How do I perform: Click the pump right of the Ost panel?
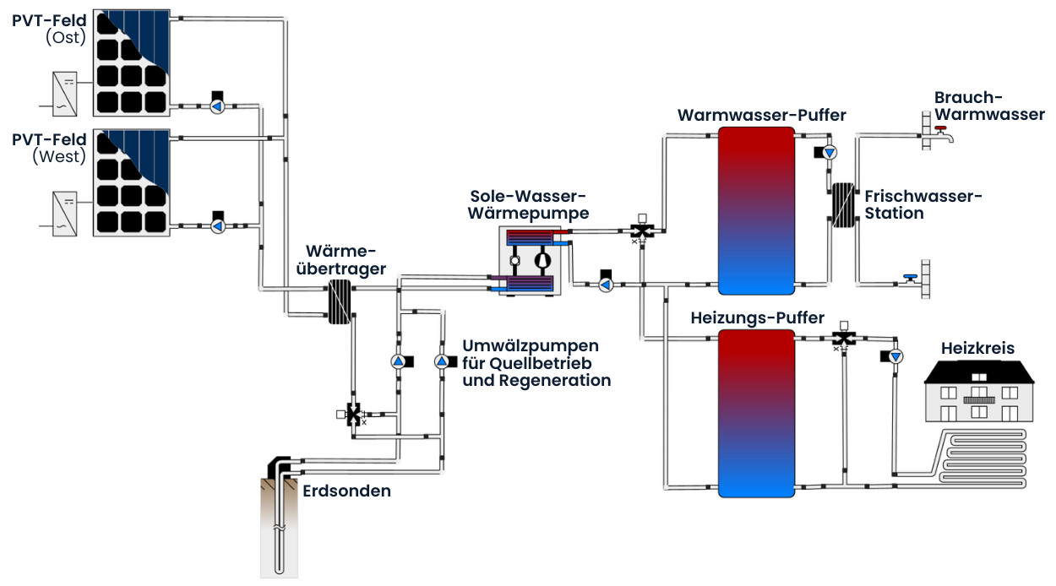coord(217,106)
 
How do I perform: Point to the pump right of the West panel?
coord(217,226)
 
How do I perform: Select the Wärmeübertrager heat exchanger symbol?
coord(339,301)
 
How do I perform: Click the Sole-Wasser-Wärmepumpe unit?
coord(529,261)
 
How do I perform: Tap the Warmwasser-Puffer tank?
coord(756,210)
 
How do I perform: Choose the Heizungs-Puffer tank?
coord(756,413)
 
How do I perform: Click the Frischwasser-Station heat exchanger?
coord(842,204)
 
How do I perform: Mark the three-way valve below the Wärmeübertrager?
coord(354,414)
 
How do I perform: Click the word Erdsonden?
coord(346,491)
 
